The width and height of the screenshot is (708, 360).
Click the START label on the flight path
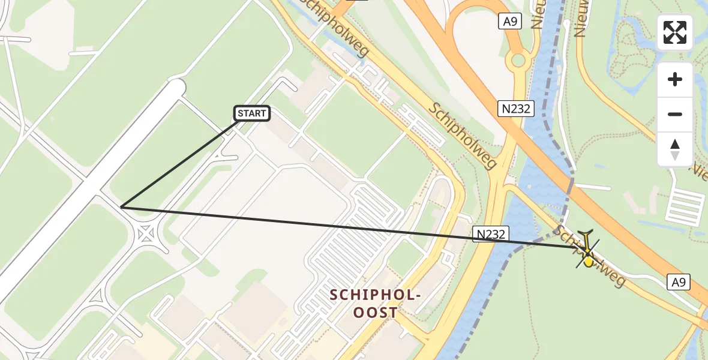click(251, 113)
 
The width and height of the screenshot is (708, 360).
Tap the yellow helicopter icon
click(587, 251)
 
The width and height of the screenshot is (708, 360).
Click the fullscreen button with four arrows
click(675, 32)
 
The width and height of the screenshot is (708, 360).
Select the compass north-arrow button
click(675, 149)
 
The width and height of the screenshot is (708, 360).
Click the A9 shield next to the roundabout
click(509, 22)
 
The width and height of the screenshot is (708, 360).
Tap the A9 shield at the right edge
click(680, 281)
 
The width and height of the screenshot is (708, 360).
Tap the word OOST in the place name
click(375, 313)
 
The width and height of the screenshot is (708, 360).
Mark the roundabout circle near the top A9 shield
click(517, 61)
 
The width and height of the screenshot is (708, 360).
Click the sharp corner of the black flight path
click(121, 207)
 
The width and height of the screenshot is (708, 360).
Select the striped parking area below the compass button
click(685, 206)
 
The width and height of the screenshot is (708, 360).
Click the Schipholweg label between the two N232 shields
click(463, 135)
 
